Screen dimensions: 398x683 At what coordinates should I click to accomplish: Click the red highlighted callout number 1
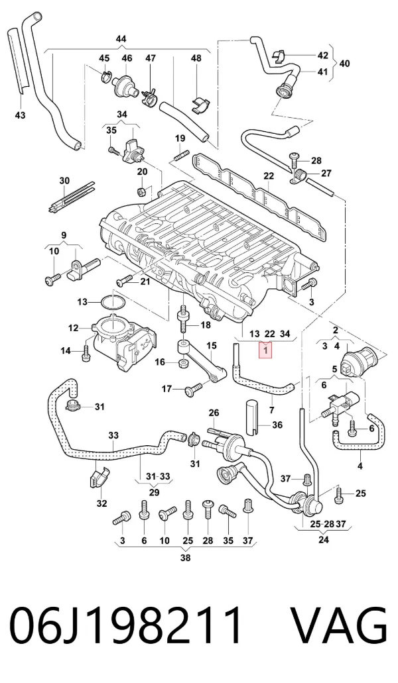point(265,350)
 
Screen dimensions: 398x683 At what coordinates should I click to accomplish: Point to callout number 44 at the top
point(121,39)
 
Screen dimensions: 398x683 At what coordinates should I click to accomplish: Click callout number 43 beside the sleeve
point(20,115)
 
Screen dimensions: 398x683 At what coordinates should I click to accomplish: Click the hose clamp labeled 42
point(278,56)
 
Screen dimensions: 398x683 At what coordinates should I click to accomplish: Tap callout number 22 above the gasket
point(269,176)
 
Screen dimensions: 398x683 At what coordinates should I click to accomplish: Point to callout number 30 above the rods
point(64,180)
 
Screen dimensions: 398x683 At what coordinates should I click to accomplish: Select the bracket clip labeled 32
point(98,479)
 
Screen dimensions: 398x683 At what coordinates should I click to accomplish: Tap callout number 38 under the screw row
point(186,558)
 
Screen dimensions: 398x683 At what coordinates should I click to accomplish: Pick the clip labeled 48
point(200,105)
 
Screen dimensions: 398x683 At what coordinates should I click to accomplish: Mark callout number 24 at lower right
point(324,541)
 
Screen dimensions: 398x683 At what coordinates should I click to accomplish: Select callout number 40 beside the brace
point(344,64)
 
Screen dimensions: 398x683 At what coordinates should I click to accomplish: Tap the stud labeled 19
point(181,154)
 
